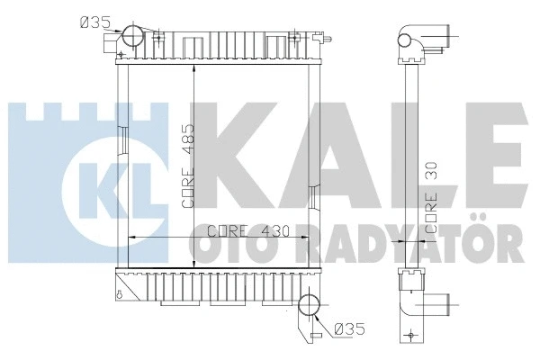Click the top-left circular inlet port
[132, 35]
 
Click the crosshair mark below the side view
[411, 336]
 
